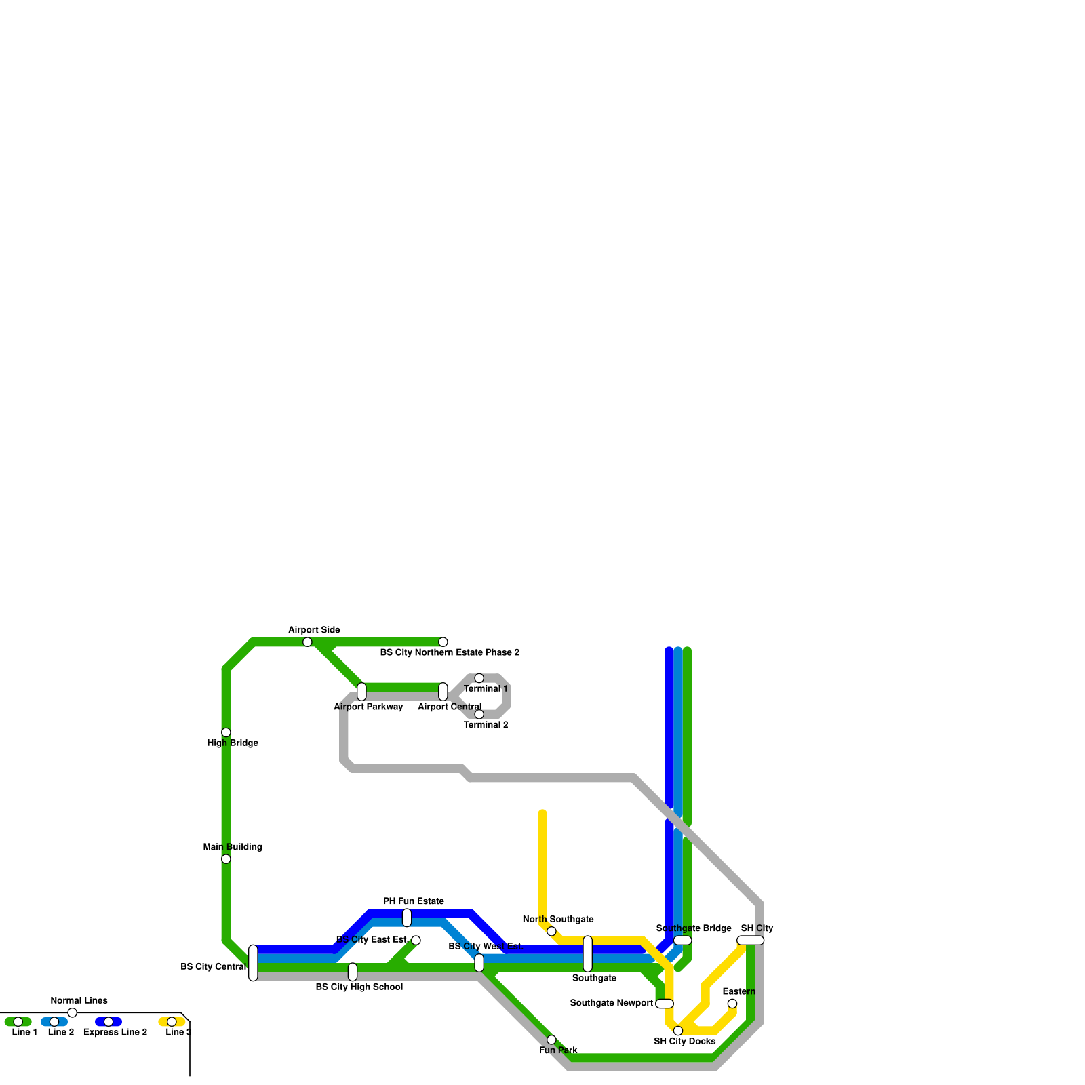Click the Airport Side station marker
point(307,642)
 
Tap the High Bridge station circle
point(226,732)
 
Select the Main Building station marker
point(226,859)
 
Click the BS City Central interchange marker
point(253,963)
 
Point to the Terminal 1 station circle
point(479,678)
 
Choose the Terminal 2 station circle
point(479,714)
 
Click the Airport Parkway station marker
point(361,692)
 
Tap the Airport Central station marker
point(443,692)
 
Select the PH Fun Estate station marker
point(407,918)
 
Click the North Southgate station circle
point(551,931)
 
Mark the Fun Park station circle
point(551,1040)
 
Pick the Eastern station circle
point(732,1004)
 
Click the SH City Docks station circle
point(678,1031)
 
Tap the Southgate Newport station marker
point(665,1004)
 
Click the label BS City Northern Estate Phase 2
point(450,653)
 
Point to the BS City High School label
point(359,987)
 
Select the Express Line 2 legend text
point(115,1033)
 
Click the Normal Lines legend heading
point(79,1001)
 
